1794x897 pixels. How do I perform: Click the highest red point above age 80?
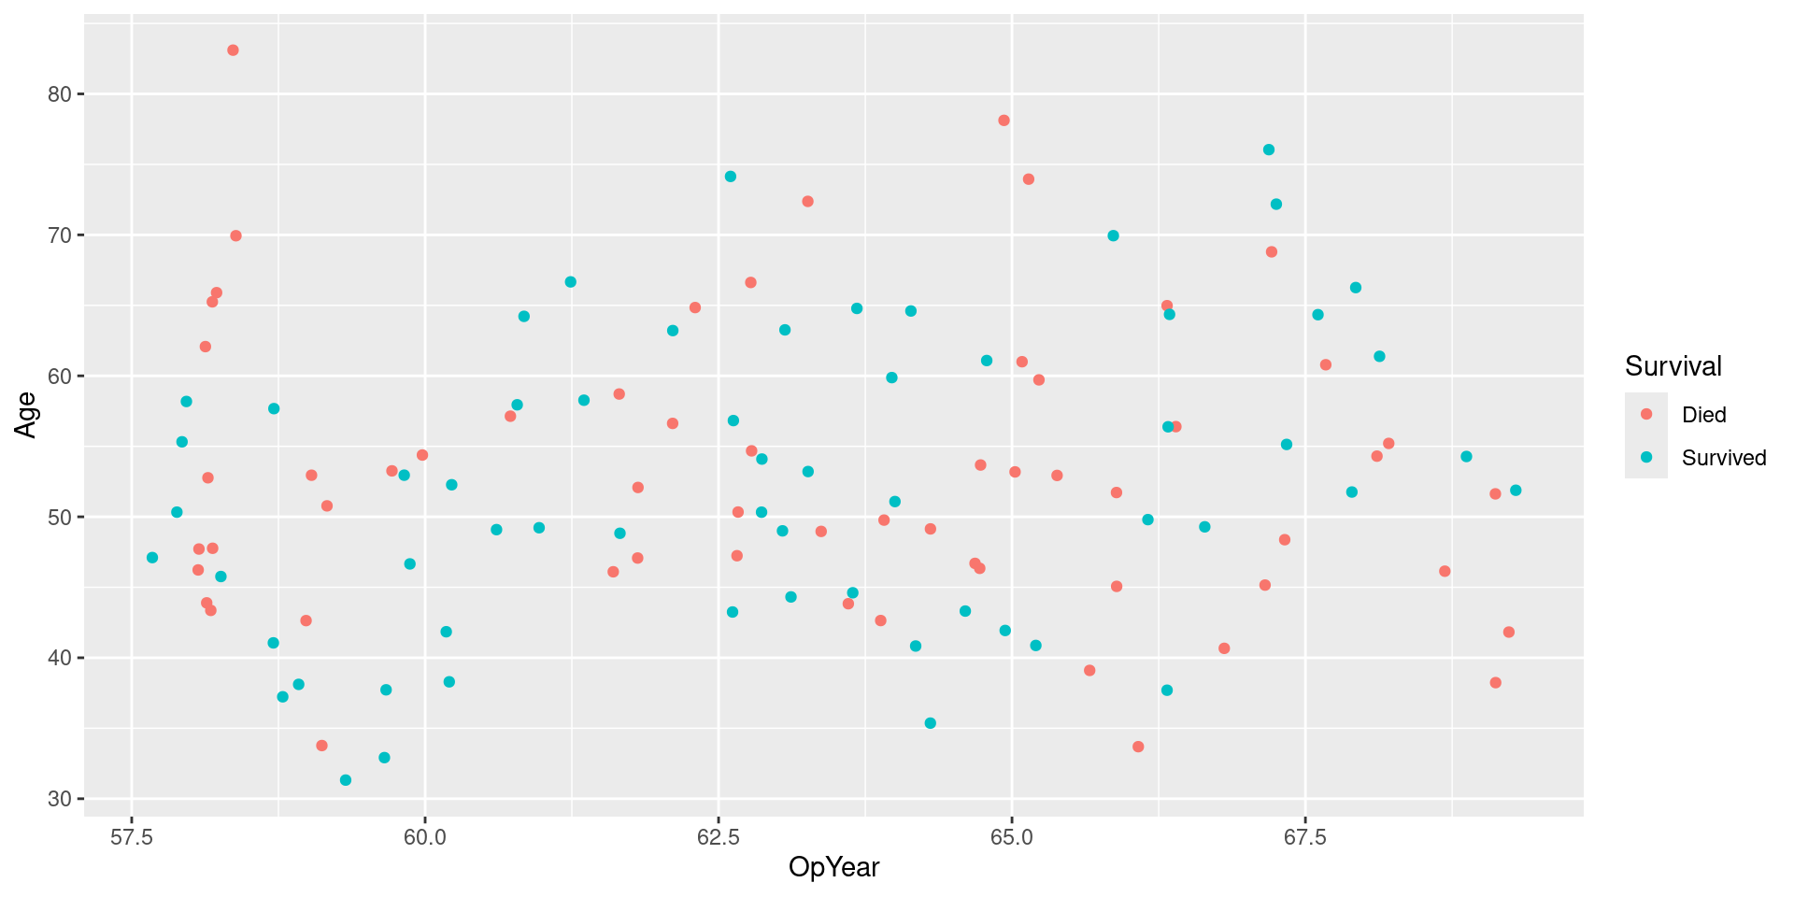[233, 50]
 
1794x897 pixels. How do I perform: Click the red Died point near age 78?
[1004, 121]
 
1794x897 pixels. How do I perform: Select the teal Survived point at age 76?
[1268, 149]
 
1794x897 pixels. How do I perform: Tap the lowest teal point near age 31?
[346, 780]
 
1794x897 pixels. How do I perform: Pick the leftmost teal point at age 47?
[152, 558]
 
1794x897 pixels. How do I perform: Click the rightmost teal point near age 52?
[1516, 491]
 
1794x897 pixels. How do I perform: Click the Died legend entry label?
[1703, 415]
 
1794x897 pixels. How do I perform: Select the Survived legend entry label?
[1723, 458]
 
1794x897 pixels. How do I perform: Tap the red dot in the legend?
[1646, 414]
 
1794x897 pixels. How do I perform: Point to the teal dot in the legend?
[1646, 457]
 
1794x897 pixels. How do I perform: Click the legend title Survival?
[1673, 366]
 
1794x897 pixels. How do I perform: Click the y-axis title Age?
[25, 415]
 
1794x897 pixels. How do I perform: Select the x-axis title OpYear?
[833, 867]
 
